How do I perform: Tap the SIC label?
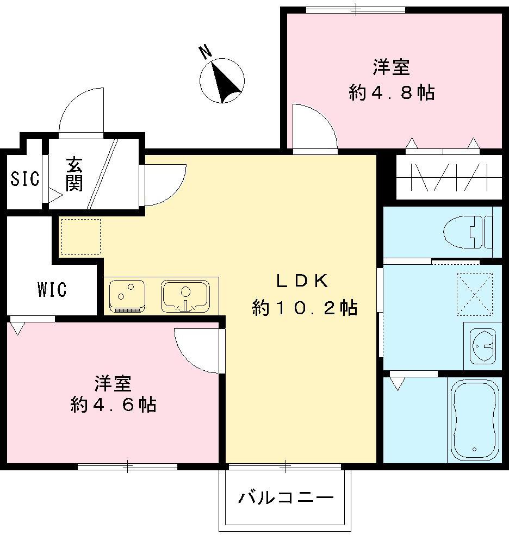[x=25, y=179]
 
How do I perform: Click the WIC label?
[x=52, y=289]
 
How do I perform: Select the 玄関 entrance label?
[x=74, y=174]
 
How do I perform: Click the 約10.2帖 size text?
[x=304, y=308]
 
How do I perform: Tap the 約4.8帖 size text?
[x=391, y=92]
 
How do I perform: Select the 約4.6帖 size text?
[x=113, y=405]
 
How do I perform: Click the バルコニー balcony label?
[x=285, y=497]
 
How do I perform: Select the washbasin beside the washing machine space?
[x=482, y=345]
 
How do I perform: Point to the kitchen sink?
[x=185, y=296]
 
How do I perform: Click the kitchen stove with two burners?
[x=127, y=296]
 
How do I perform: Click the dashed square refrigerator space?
[x=80, y=237]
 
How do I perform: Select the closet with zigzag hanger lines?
[x=448, y=177]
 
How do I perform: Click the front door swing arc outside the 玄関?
[x=80, y=111]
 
